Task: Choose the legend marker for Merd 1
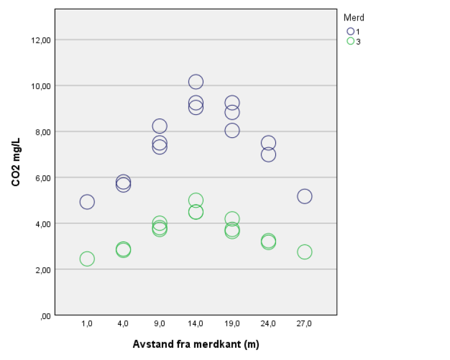tap(350, 31)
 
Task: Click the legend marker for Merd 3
tap(350, 41)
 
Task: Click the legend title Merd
tap(354, 18)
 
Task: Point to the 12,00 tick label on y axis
tap(40, 40)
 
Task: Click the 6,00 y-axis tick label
tap(42, 178)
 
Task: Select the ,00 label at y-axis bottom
tap(45, 315)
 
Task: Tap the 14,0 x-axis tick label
tap(196, 323)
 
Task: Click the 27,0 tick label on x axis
tap(304, 323)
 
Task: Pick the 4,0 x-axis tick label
tap(123, 323)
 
